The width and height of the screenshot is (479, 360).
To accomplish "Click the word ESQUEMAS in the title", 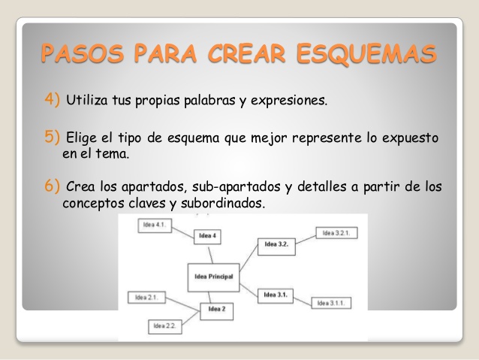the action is pyautogui.click(x=366, y=54).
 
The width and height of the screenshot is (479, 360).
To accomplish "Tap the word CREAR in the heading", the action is pyautogui.click(x=246, y=53).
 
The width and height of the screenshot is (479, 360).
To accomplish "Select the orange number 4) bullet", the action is pyautogui.click(x=52, y=99).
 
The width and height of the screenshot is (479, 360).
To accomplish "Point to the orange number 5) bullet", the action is pyautogui.click(x=52, y=137).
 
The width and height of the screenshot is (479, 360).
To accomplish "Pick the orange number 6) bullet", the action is pyautogui.click(x=52, y=186).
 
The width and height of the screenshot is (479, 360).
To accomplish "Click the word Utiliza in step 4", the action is pyautogui.click(x=87, y=100).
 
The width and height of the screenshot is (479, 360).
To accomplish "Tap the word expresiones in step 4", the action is pyautogui.click(x=289, y=101).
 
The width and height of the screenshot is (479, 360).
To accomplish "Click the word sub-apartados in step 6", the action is pyautogui.click(x=236, y=187).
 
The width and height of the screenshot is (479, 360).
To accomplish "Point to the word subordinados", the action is pyautogui.click(x=223, y=203).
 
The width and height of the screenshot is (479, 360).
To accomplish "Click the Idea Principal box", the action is pyautogui.click(x=213, y=277).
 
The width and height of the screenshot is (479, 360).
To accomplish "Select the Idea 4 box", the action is pyautogui.click(x=207, y=237).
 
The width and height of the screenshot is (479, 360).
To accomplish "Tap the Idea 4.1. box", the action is pyautogui.click(x=155, y=225).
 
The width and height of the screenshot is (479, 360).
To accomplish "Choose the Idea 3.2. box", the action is pyautogui.click(x=276, y=247).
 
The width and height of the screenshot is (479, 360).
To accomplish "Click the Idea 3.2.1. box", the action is pyautogui.click(x=336, y=233).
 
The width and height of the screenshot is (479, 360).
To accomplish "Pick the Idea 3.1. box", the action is pyautogui.click(x=276, y=296).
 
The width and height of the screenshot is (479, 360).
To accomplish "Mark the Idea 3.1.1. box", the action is pyautogui.click(x=331, y=303).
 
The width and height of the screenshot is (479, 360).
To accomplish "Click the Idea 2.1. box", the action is pyautogui.click(x=146, y=298).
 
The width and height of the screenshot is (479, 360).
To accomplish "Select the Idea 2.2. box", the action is pyautogui.click(x=165, y=327).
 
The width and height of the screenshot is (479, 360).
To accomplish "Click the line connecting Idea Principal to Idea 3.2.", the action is pyautogui.click(x=249, y=258).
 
